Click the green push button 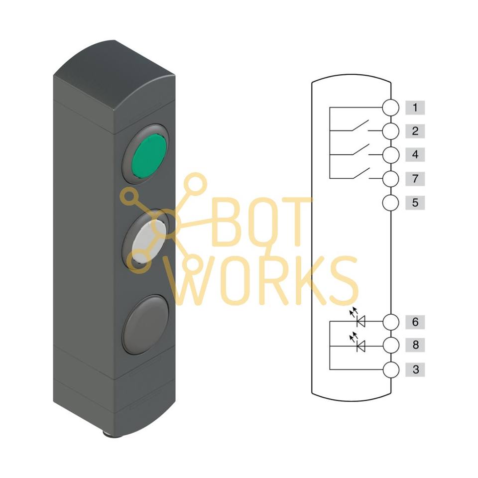tap(149, 156)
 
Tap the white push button tap(149, 241)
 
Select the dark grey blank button tap(145, 324)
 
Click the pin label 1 tap(415, 108)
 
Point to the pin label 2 tap(415, 131)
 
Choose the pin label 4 tap(415, 154)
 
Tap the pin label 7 tap(415, 179)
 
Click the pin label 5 tap(415, 203)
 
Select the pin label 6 tap(415, 322)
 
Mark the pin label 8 tap(415, 345)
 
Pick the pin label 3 tap(415, 369)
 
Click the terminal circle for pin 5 tap(390, 203)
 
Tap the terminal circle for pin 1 tap(390, 108)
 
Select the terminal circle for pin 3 tap(390, 370)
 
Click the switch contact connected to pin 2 tap(361, 126)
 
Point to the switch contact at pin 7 tap(361, 173)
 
